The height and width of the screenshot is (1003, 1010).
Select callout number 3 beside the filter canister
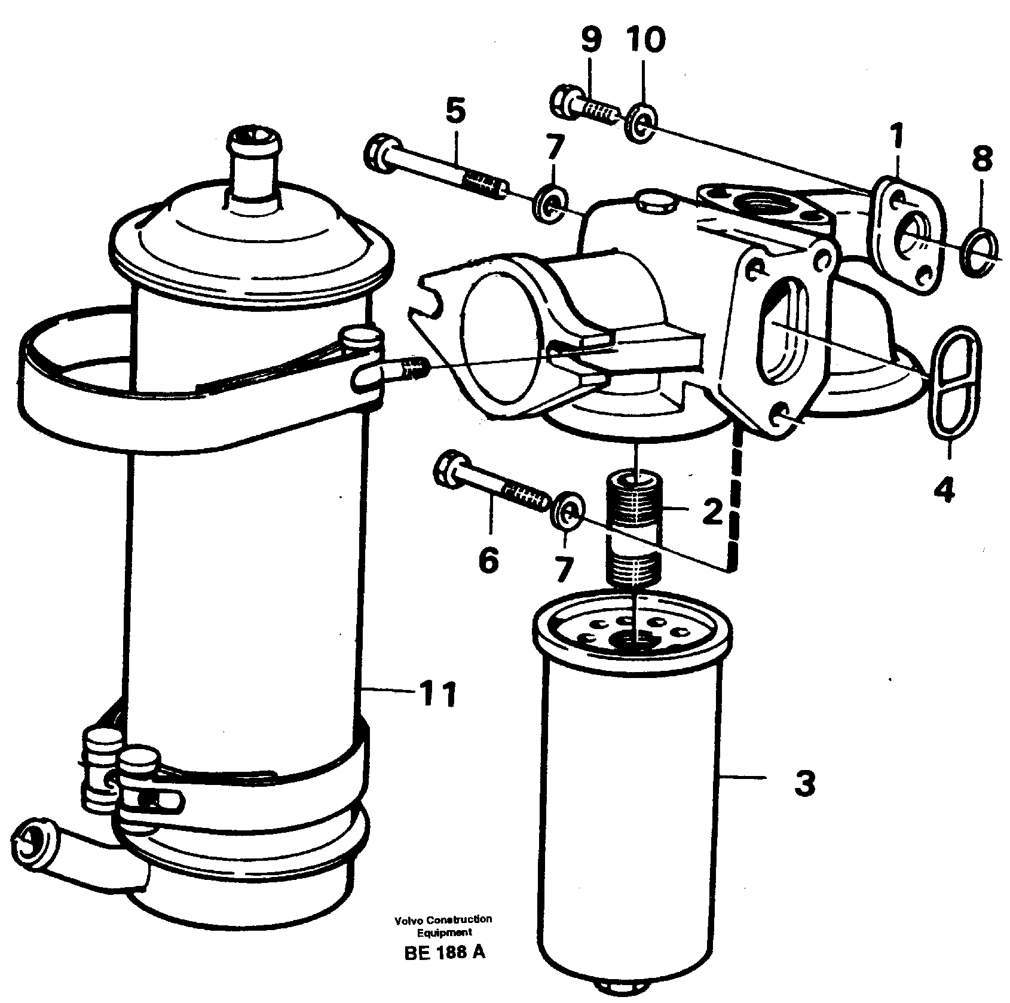804,783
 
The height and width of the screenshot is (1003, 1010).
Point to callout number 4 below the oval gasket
944,488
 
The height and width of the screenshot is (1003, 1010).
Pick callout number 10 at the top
646,41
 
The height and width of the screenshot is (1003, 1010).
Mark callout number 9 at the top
590,41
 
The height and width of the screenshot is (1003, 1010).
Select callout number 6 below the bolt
488,560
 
